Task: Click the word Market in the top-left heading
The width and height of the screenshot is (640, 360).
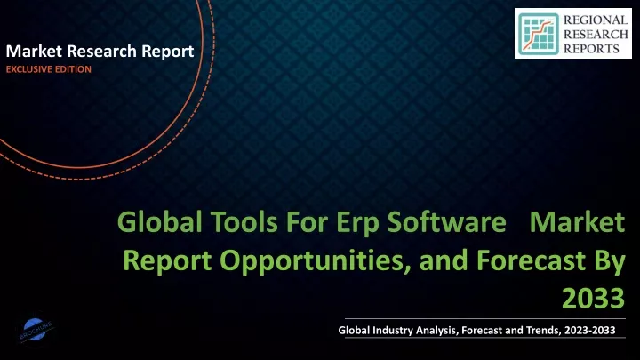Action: [34, 52]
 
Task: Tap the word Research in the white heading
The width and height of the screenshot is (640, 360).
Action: [101, 52]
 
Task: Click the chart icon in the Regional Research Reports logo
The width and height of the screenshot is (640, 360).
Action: [539, 34]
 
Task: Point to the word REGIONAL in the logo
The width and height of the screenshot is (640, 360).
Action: [596, 20]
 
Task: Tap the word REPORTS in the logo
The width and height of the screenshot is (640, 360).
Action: [591, 49]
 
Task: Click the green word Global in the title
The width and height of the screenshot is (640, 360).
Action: [160, 222]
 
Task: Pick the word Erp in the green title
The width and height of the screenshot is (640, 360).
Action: [357, 225]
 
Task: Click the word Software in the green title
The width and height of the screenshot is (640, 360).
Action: [446, 222]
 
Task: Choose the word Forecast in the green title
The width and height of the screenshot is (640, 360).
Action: [531, 260]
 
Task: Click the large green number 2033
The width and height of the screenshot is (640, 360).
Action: [593, 299]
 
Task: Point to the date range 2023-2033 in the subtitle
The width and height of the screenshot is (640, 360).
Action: [590, 330]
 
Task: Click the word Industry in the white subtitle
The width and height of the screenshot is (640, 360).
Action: [392, 331]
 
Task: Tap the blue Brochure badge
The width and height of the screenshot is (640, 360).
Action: [35, 330]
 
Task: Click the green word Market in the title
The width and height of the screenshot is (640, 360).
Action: [577, 222]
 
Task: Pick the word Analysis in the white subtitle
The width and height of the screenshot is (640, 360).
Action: [438, 331]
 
